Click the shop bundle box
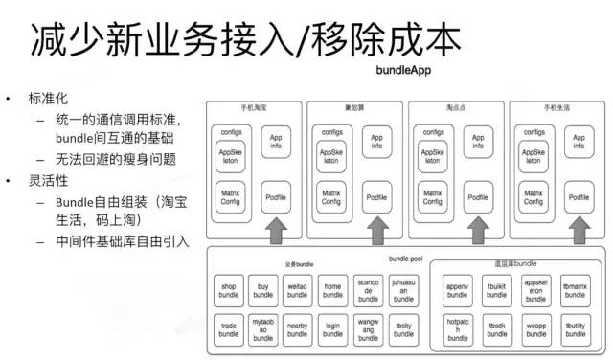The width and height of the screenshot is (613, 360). point(229,291)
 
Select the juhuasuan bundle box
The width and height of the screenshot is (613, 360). point(403,291)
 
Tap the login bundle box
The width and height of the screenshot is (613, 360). point(333,329)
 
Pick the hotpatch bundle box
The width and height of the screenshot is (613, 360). point(457,330)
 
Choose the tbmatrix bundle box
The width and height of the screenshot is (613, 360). point(575,291)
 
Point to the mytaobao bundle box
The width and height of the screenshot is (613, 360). point(263,329)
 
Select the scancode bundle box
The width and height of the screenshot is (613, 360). point(368,291)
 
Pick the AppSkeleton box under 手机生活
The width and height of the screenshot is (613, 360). point(532,157)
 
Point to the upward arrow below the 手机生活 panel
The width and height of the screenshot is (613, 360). point(578,231)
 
